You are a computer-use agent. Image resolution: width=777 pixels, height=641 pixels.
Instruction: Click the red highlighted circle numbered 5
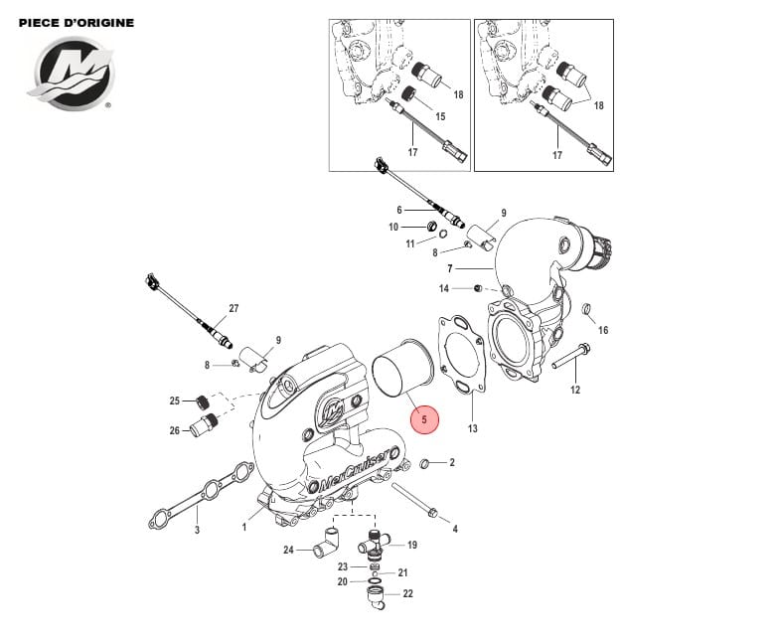click(424, 419)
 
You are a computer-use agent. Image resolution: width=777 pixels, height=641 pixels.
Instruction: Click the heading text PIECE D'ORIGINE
click(77, 22)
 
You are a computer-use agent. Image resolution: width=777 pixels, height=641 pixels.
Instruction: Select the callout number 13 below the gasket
click(473, 429)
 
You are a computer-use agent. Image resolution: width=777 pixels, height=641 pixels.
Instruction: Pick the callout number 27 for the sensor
click(233, 309)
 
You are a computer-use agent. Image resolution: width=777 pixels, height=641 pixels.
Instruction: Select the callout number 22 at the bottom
click(407, 593)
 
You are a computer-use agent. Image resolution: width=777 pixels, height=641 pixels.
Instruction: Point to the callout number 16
click(602, 330)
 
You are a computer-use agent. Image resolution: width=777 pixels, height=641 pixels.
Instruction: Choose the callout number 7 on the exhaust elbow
click(449, 269)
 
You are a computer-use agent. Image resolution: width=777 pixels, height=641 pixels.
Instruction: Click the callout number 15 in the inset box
click(440, 116)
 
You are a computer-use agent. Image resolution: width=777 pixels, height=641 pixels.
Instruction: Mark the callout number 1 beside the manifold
click(243, 528)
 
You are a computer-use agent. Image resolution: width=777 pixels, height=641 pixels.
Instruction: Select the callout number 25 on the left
click(175, 401)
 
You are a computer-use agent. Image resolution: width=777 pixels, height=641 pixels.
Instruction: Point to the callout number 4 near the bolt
click(455, 529)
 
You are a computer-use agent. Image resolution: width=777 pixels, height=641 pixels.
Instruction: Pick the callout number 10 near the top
click(393, 228)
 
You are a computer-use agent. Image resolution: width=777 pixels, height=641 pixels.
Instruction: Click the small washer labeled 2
click(426, 464)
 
